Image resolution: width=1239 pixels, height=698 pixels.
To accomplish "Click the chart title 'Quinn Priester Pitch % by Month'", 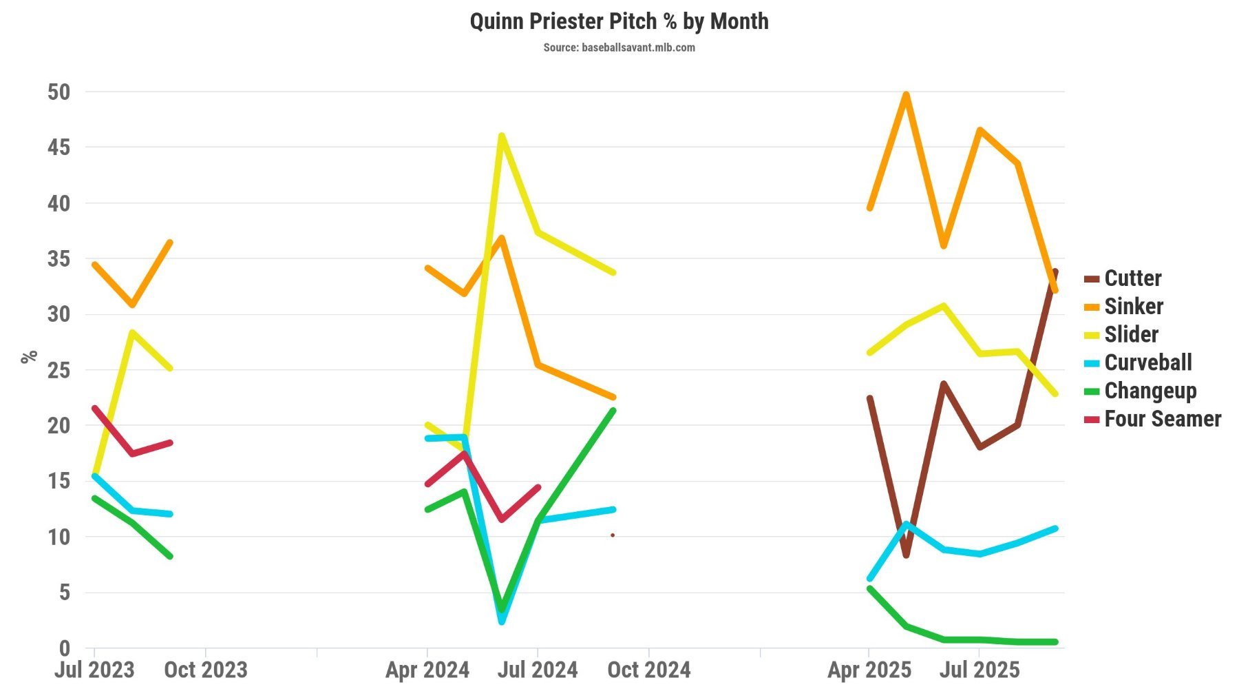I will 619,21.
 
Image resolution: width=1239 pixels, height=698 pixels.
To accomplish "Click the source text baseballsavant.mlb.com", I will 619,48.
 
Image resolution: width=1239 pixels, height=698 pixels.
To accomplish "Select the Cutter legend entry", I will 1132,278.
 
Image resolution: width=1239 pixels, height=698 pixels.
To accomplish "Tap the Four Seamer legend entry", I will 1162,419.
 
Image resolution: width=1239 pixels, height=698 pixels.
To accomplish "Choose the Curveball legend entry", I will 1147,362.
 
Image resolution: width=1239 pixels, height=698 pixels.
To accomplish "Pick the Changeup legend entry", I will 1150,391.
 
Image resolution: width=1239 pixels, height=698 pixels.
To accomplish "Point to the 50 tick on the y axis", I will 59,92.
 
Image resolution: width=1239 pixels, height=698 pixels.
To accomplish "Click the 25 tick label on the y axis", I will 59,370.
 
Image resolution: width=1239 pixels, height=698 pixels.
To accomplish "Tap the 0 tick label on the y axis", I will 64,648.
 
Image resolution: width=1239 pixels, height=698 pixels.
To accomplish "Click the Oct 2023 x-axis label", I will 205,670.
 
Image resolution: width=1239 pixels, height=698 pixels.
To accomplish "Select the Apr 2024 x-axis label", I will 427,670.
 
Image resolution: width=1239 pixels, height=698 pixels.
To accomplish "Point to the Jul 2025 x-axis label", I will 979,670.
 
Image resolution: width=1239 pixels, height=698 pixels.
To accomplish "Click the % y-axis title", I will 28,356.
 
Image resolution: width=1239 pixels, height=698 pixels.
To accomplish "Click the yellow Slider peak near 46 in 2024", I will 502,136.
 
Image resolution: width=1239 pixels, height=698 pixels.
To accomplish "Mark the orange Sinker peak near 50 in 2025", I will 907,94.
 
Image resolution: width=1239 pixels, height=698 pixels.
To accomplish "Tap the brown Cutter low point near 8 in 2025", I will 907,555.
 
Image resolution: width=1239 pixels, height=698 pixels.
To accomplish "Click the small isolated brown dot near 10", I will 613,535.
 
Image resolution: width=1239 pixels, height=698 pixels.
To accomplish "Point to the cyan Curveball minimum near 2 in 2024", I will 502,622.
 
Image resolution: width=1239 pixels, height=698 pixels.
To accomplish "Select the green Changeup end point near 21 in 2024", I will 613,411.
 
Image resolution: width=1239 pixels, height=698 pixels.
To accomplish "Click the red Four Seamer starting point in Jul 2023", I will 94,409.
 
